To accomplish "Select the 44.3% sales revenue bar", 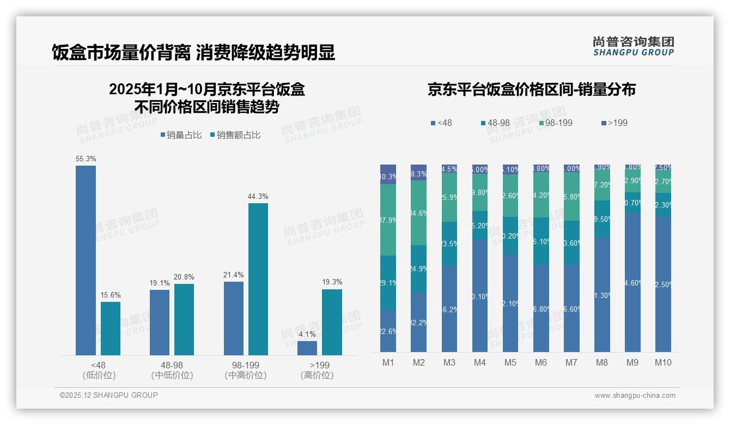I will pyautogui.click(x=258, y=279).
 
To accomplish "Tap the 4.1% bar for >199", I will pyautogui.click(x=307, y=348).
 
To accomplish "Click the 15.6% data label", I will pyautogui.click(x=110, y=295).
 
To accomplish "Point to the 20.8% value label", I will pyautogui.click(x=184, y=277).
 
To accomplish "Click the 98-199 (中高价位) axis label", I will pyautogui.click(x=245, y=370).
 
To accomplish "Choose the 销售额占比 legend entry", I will pyautogui.click(x=235, y=135).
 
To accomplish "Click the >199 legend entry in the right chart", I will pyautogui.click(x=615, y=123).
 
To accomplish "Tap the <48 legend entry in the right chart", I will pyautogui.click(x=441, y=123).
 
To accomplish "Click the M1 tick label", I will pyautogui.click(x=388, y=362).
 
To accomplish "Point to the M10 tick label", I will pyautogui.click(x=663, y=362).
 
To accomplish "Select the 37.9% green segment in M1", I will pyautogui.click(x=388, y=220).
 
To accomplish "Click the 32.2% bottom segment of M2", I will pyautogui.click(x=418, y=321).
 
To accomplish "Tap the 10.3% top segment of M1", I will pyautogui.click(x=388, y=174).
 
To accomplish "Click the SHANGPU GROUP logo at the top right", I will pyautogui.click(x=633, y=46).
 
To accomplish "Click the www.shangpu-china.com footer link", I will pyautogui.click(x=635, y=396).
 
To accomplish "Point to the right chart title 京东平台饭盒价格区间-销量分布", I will pyautogui.click(x=531, y=90).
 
